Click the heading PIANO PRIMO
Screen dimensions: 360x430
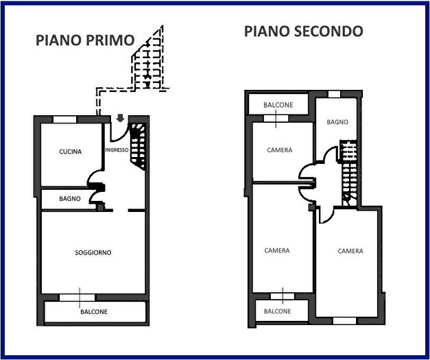[x=84, y=40]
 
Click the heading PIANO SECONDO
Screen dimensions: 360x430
[x=303, y=31]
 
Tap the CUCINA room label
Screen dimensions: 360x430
[x=71, y=152]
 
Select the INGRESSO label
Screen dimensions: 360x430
[x=117, y=149]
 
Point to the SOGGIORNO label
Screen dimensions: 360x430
[x=93, y=253]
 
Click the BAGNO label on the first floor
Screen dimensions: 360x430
[x=70, y=199]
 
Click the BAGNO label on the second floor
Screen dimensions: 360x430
[x=337, y=122]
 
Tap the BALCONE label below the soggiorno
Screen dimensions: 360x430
[x=94, y=312]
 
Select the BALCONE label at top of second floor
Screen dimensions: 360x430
[x=279, y=105]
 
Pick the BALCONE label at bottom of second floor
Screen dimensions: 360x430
[x=277, y=311]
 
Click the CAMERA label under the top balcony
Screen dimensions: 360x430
[x=279, y=150]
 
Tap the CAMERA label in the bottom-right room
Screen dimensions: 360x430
[x=350, y=252]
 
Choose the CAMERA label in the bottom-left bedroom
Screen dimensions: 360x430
[x=277, y=251]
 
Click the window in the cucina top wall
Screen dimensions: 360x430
[x=65, y=119]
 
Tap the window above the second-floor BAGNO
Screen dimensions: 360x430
[x=334, y=94]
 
